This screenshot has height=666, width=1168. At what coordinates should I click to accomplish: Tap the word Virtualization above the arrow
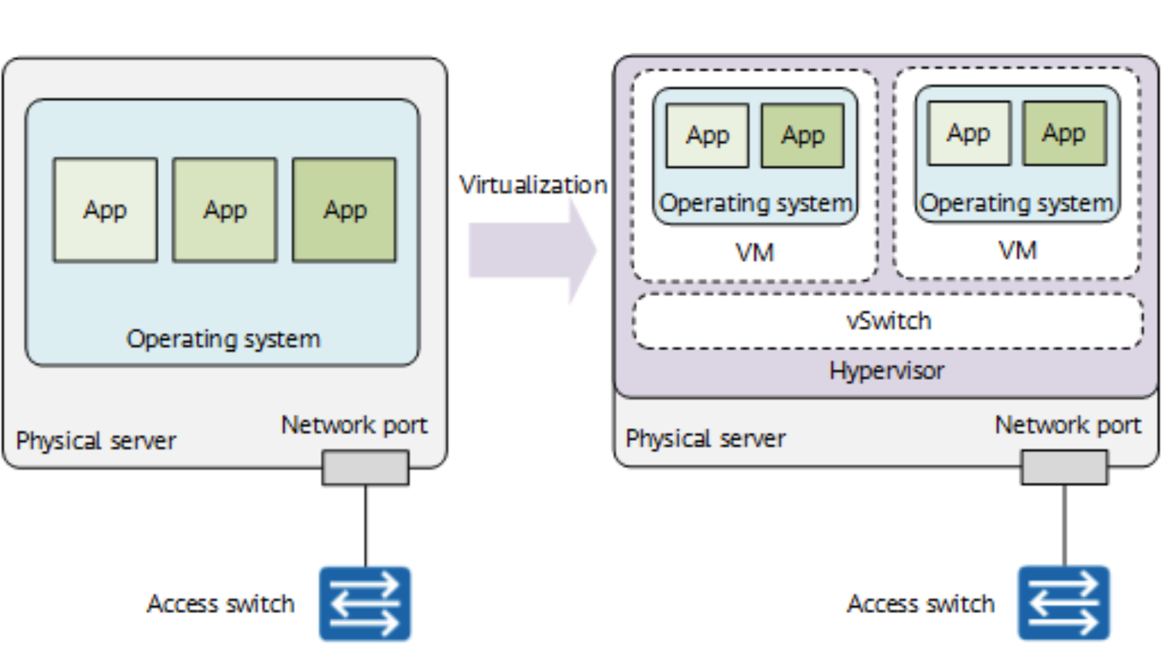[532, 184]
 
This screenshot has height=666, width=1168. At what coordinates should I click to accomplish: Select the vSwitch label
[888, 321]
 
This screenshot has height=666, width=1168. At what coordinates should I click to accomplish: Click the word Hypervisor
[886, 371]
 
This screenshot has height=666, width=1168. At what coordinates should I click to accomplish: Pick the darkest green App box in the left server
[345, 210]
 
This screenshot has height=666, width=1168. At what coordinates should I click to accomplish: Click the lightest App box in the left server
[105, 210]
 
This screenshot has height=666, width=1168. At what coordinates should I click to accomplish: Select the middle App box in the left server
[225, 210]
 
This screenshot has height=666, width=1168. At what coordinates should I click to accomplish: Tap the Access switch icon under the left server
[365, 603]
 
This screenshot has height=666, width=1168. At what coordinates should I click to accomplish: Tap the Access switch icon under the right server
[1063, 602]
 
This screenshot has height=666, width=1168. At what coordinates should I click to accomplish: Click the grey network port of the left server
[365, 467]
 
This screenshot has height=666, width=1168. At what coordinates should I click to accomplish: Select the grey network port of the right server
[1064, 466]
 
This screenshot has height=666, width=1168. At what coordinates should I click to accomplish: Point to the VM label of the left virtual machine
[754, 253]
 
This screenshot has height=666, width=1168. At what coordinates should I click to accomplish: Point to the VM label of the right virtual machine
[1017, 251]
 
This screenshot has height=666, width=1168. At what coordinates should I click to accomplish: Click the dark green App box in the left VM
[803, 135]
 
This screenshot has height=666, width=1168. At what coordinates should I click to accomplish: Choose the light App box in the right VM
[968, 133]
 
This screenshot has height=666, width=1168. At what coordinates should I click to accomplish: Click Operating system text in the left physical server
[223, 339]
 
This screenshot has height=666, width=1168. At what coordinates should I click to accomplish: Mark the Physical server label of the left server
[96, 441]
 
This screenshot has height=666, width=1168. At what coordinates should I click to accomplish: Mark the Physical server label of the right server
[705, 439]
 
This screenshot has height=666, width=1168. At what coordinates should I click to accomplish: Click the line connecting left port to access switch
[365, 526]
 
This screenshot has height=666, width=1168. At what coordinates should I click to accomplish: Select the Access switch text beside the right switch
[921, 604]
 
